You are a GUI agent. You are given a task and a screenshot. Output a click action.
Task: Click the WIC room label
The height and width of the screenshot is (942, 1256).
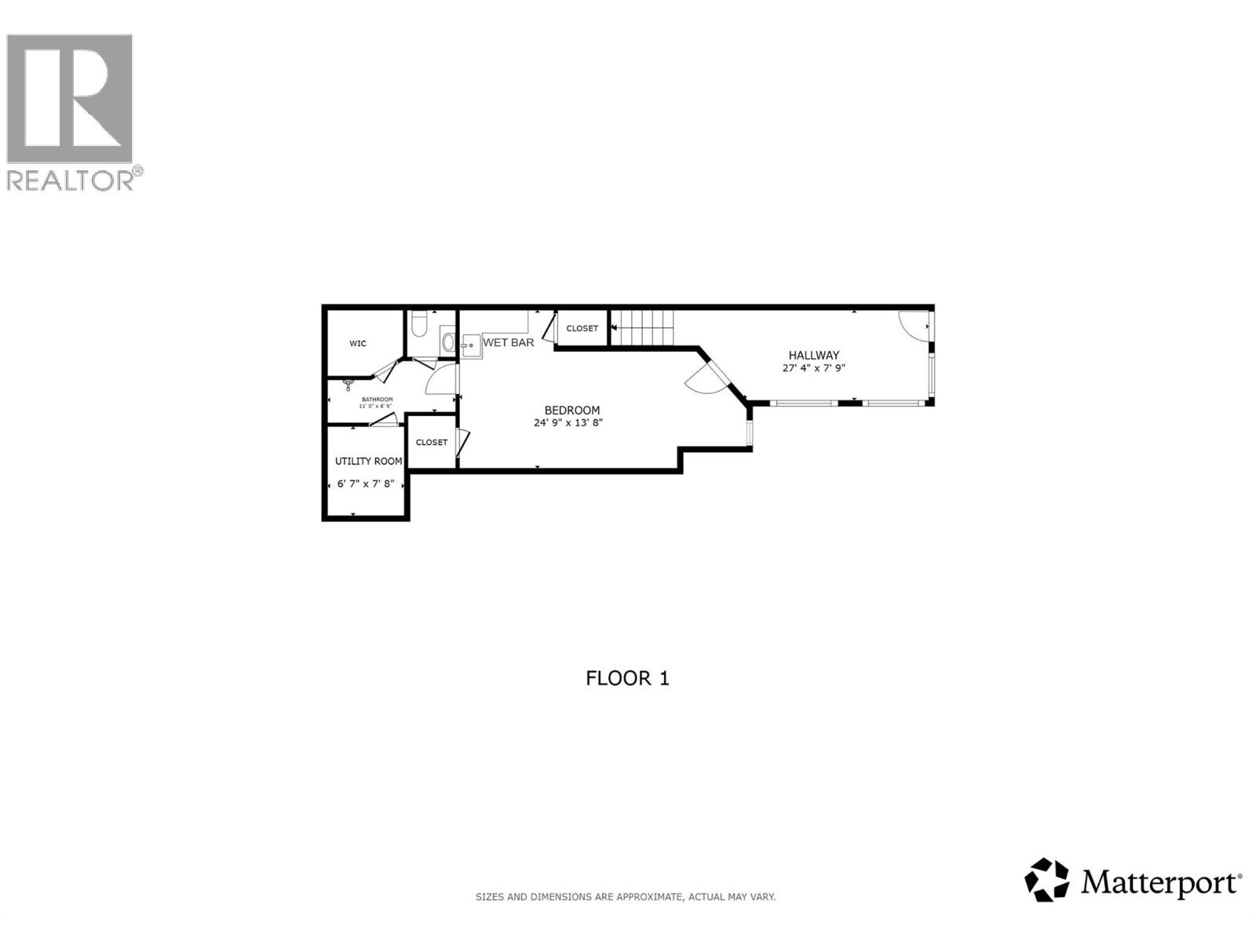click(x=358, y=343)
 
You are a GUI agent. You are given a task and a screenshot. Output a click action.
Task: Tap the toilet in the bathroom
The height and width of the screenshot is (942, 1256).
click(x=419, y=323)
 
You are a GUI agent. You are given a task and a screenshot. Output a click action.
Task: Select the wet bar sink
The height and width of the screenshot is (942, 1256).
click(x=471, y=345)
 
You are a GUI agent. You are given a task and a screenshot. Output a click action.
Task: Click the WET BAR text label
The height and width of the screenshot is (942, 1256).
click(x=509, y=342)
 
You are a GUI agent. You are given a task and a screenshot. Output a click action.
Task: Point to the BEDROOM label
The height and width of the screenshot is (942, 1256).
click(x=572, y=410)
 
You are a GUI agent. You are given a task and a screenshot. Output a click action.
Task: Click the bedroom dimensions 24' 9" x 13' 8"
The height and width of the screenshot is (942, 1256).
click(x=568, y=423)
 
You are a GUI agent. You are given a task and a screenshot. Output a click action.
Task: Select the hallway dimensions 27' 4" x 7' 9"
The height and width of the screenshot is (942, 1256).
click(x=814, y=367)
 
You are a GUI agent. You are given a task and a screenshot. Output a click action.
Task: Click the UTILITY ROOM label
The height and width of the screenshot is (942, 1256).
click(x=368, y=461)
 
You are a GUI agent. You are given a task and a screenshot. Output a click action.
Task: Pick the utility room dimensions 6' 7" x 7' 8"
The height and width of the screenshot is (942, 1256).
click(x=365, y=484)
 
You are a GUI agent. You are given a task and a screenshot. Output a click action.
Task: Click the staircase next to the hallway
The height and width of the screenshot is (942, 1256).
click(x=642, y=327)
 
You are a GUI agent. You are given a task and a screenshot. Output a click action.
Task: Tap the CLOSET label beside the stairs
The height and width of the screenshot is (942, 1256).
click(x=582, y=328)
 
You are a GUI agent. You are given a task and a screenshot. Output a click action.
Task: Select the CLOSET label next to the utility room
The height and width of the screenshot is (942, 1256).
click(x=432, y=442)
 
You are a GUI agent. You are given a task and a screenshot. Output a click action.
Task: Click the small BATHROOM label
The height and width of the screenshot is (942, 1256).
click(x=377, y=400)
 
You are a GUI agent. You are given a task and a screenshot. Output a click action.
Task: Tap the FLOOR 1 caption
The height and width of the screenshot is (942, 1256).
click(x=627, y=678)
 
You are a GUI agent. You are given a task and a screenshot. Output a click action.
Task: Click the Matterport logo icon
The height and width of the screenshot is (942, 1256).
click(x=1047, y=879)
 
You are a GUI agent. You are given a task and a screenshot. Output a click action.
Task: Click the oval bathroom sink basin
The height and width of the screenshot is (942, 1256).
click(x=448, y=341)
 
